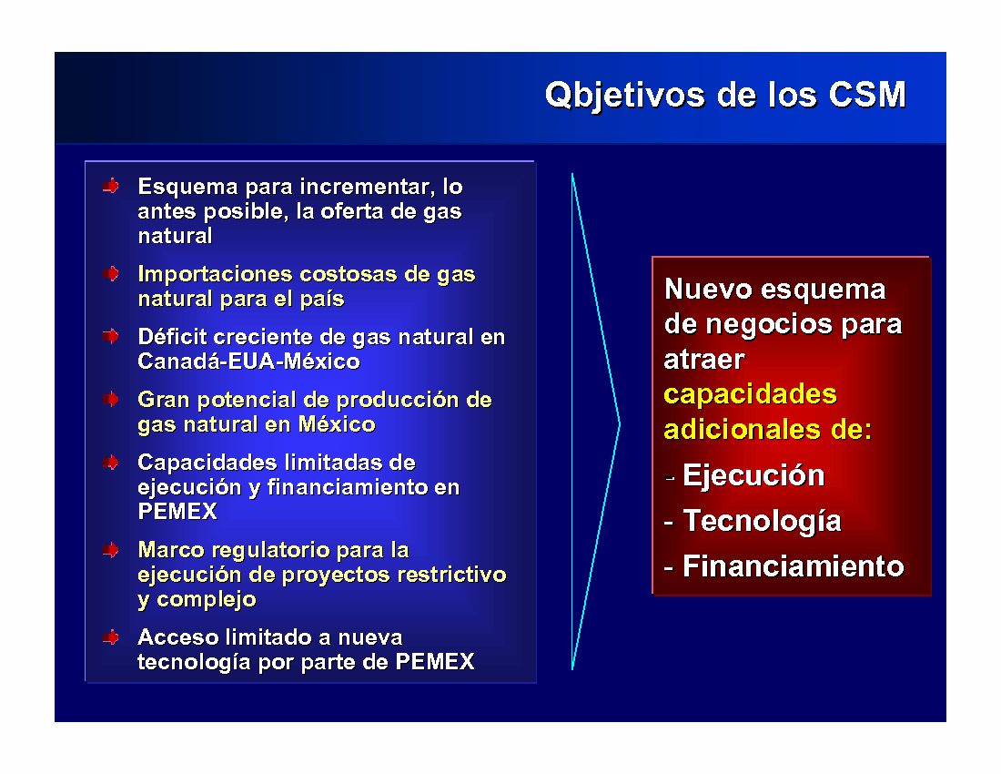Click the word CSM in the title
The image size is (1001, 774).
coord(867,95)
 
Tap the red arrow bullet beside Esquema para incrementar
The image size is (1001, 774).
coord(111,186)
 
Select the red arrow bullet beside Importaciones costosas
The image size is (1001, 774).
coord(111,273)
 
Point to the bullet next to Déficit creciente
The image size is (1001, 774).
coord(111,336)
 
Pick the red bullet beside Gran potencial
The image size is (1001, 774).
coord(111,399)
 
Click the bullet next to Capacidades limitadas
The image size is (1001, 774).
coord(111,462)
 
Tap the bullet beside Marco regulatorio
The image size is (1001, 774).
coord(111,549)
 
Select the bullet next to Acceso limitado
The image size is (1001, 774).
coord(111,637)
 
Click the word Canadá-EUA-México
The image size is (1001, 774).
coord(249,362)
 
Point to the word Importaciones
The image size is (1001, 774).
coord(215,275)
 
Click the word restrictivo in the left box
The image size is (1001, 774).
coord(452,575)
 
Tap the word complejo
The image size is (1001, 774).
coord(207,600)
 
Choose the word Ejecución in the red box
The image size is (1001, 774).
coord(754,476)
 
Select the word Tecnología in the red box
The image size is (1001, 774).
coord(763,522)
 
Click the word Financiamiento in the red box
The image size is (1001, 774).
coord(794,566)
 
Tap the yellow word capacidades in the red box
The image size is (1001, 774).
coord(750,395)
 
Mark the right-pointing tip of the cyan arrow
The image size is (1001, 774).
coord(620,423)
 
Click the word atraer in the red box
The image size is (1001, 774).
coord(704,361)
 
